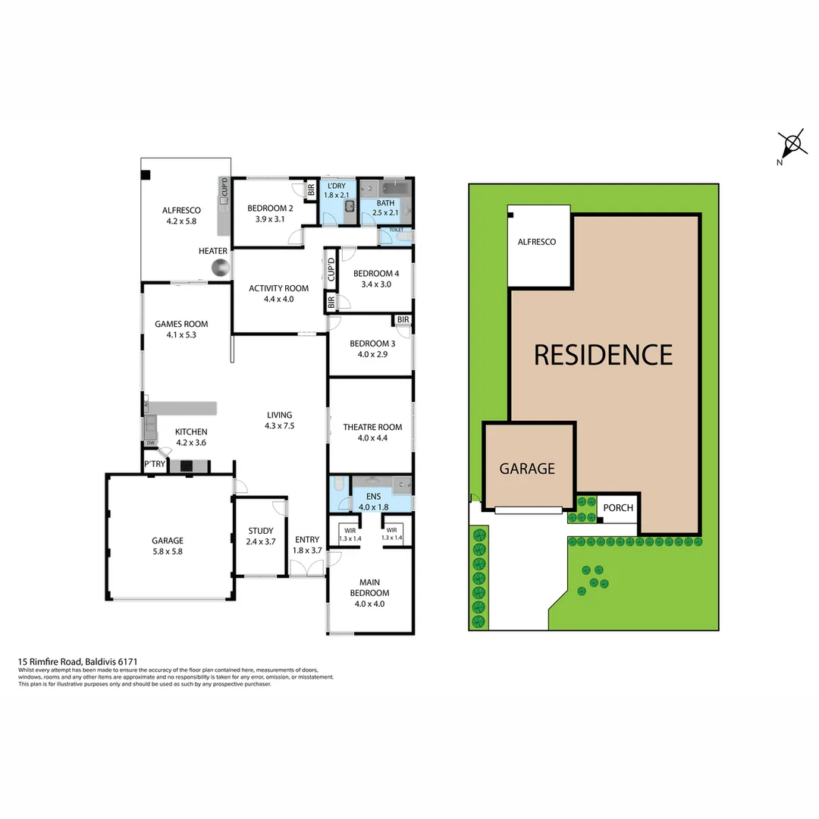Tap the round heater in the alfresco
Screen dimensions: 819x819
point(220,267)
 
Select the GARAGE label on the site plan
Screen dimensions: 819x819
point(527,469)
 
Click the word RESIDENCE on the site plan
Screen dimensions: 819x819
point(603,355)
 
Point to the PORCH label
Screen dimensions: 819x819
point(618,507)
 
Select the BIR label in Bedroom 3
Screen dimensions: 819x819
point(403,320)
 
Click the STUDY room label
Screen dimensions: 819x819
point(260,531)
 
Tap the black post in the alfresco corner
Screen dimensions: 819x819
point(145,174)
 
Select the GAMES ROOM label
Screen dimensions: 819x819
point(181,324)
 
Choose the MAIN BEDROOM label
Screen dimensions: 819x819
point(369,588)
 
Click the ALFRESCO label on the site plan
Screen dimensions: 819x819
point(536,242)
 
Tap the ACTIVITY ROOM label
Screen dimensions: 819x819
point(279,288)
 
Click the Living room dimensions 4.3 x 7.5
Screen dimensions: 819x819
point(279,425)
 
